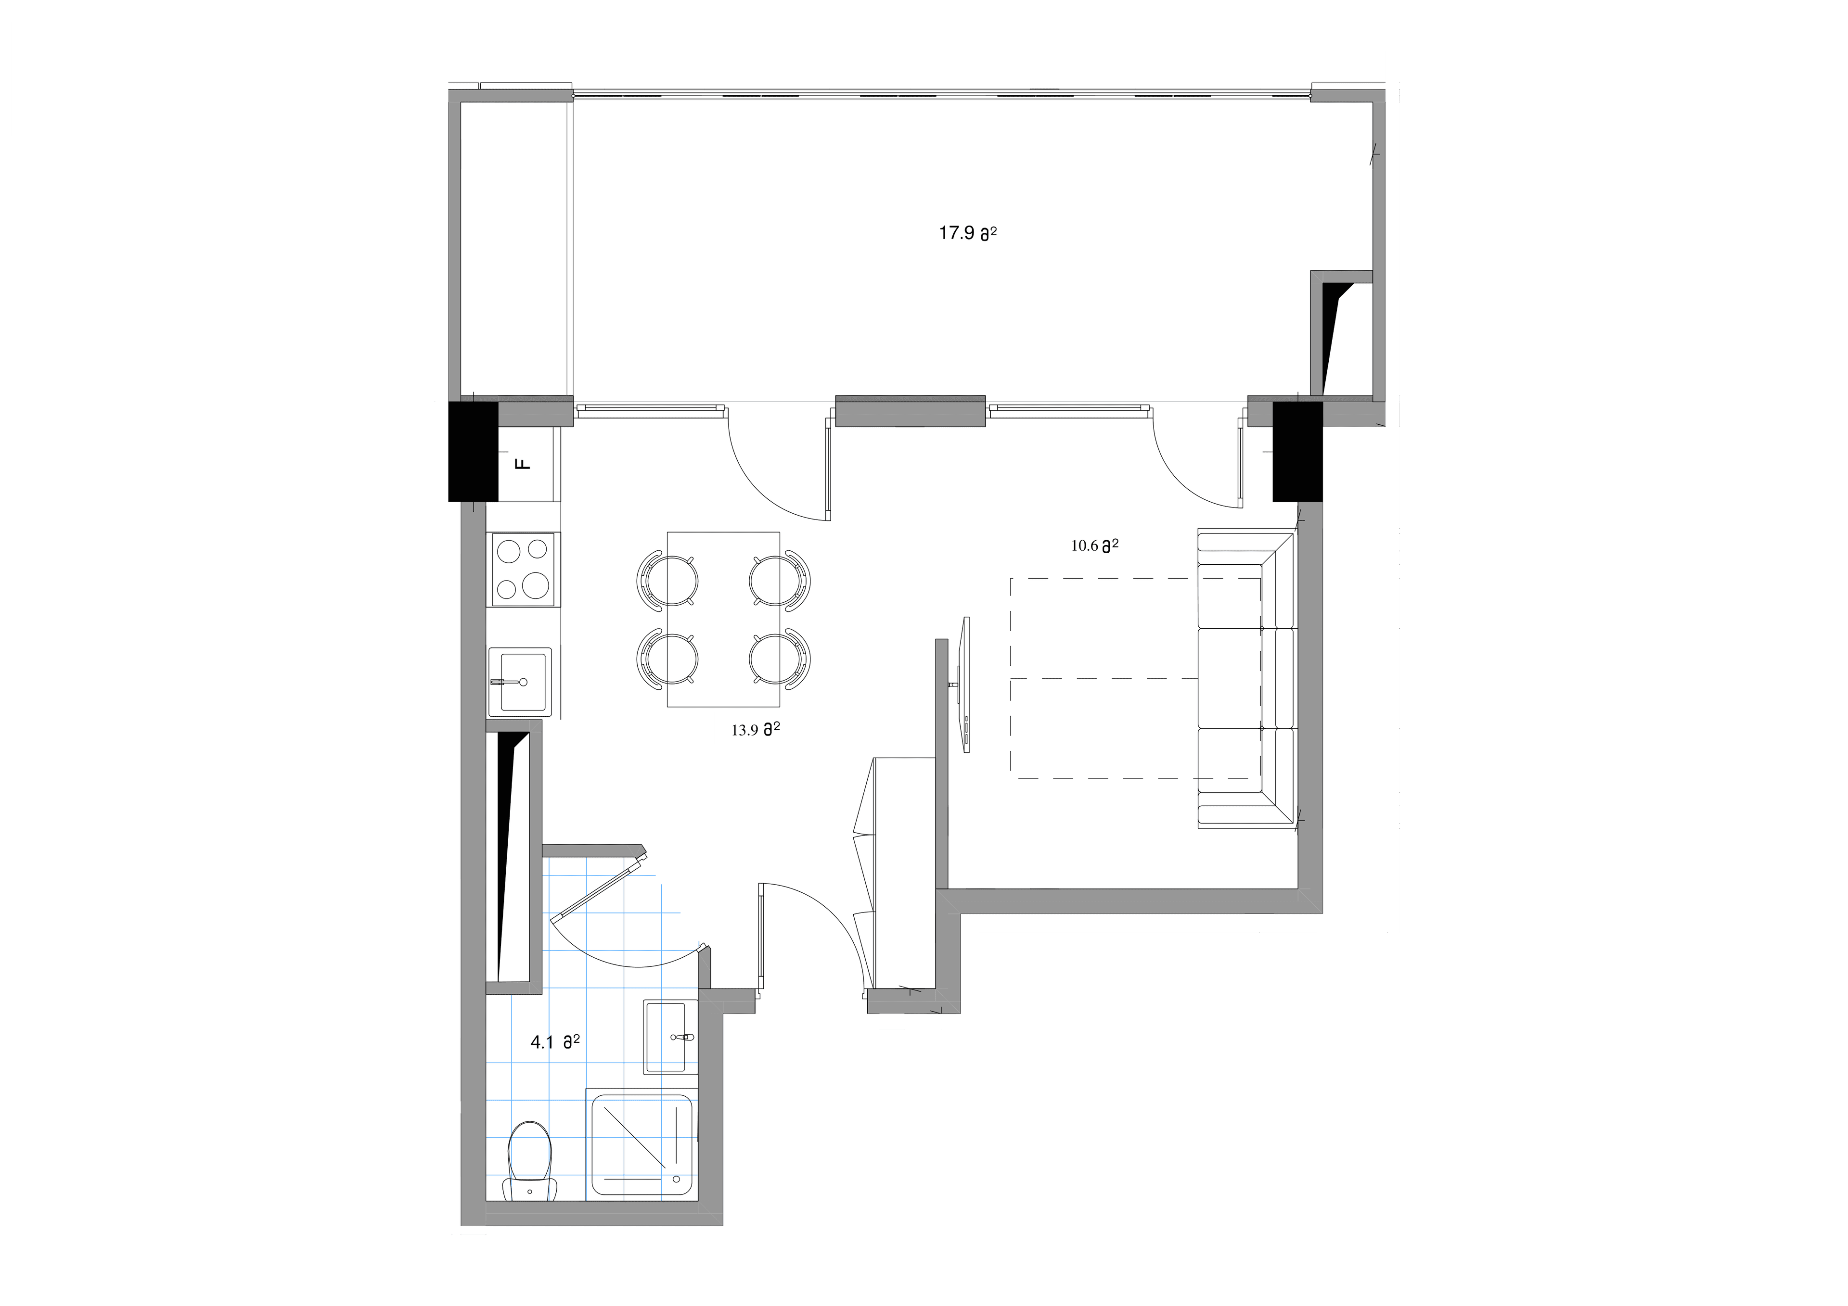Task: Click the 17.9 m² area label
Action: tap(967, 233)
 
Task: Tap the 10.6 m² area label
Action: tap(1094, 545)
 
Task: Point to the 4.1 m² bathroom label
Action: tap(554, 1042)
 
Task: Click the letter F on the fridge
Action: tap(523, 464)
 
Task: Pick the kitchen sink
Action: tap(520, 682)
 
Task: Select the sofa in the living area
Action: tap(1245, 678)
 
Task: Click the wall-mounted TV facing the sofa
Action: tap(964, 684)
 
